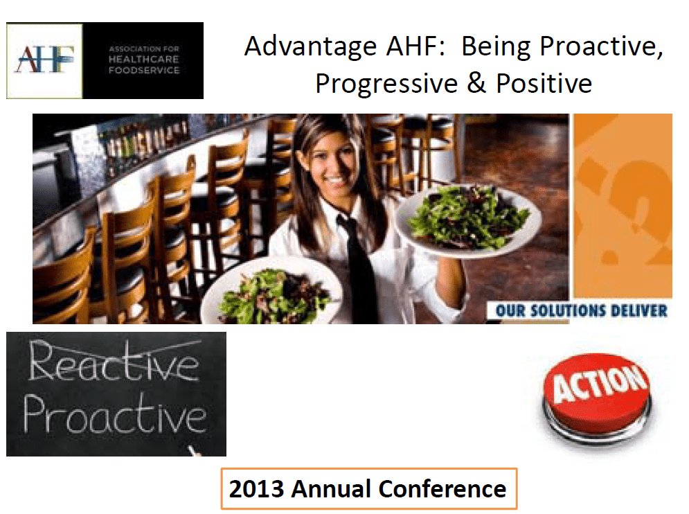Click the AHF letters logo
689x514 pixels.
point(45,60)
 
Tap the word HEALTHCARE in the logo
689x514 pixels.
point(144,60)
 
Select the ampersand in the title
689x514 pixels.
point(476,82)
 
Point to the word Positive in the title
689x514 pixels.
point(544,83)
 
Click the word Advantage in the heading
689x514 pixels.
point(311,47)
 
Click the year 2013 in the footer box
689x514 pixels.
point(257,488)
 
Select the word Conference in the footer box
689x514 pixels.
point(442,488)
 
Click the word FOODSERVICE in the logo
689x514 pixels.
point(144,71)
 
